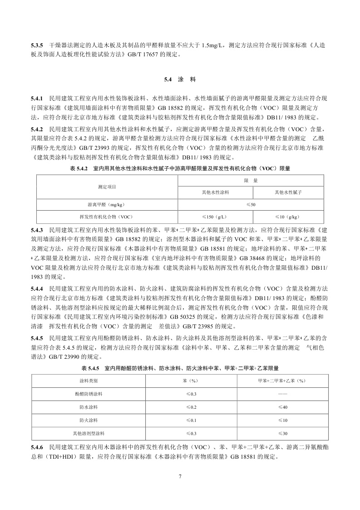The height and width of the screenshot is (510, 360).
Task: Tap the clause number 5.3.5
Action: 37,46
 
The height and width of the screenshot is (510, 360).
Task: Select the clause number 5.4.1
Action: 37,98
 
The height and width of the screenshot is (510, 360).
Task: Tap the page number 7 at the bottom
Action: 180,476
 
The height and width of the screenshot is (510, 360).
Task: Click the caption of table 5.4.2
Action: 180,168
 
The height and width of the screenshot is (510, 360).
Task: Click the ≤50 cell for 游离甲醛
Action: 251,204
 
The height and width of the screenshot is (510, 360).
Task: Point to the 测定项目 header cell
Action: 107,187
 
